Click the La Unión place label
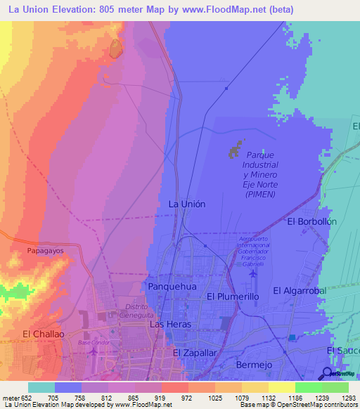(x=187, y=204)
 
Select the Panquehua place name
(x=167, y=287)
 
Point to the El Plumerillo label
(x=233, y=297)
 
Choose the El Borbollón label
(x=312, y=221)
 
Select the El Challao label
(x=43, y=334)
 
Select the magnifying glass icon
(x=328, y=373)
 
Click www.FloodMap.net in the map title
(x=227, y=9)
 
